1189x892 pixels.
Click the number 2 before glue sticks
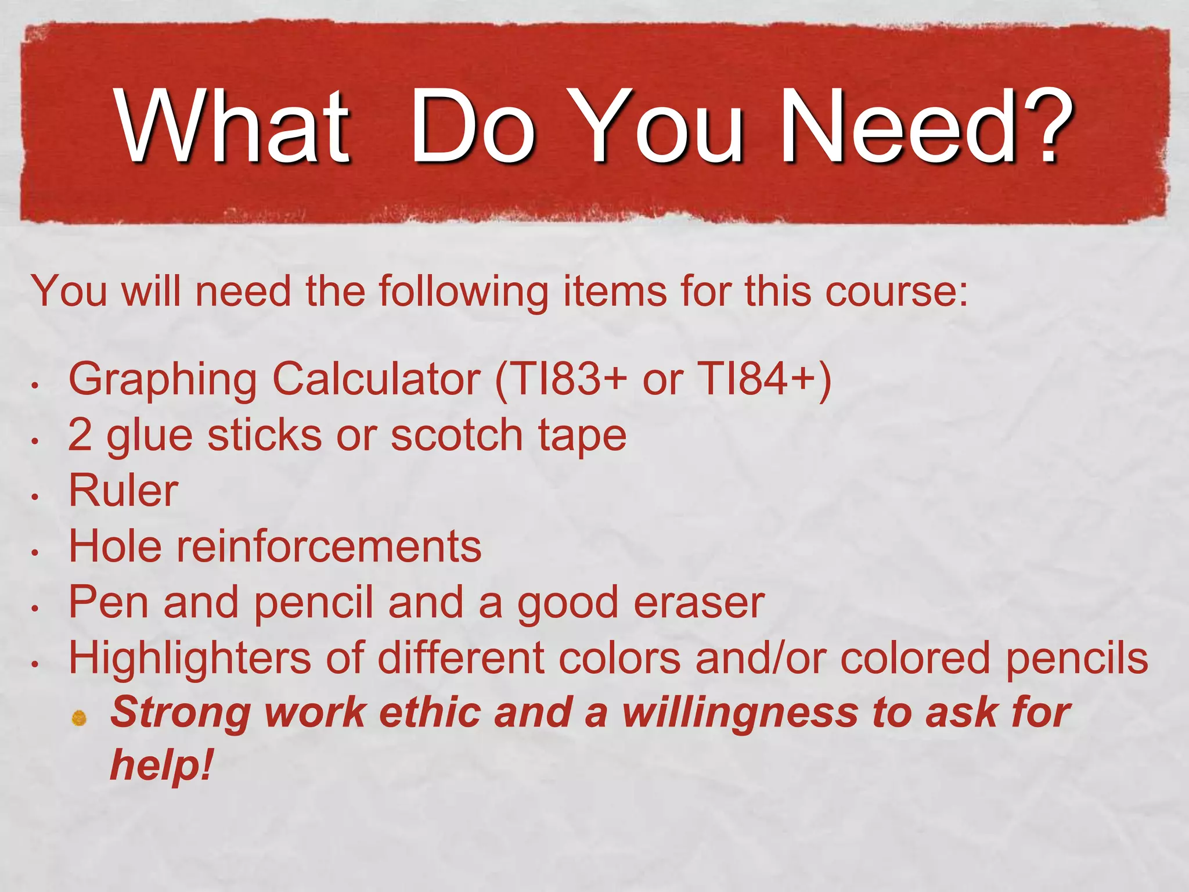(80, 435)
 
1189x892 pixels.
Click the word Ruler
(123, 491)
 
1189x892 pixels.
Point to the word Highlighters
(190, 659)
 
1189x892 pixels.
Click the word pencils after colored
(1077, 659)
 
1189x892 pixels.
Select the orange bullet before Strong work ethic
(80, 719)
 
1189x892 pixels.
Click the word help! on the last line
(161, 765)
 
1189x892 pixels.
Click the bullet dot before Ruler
(35, 497)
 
